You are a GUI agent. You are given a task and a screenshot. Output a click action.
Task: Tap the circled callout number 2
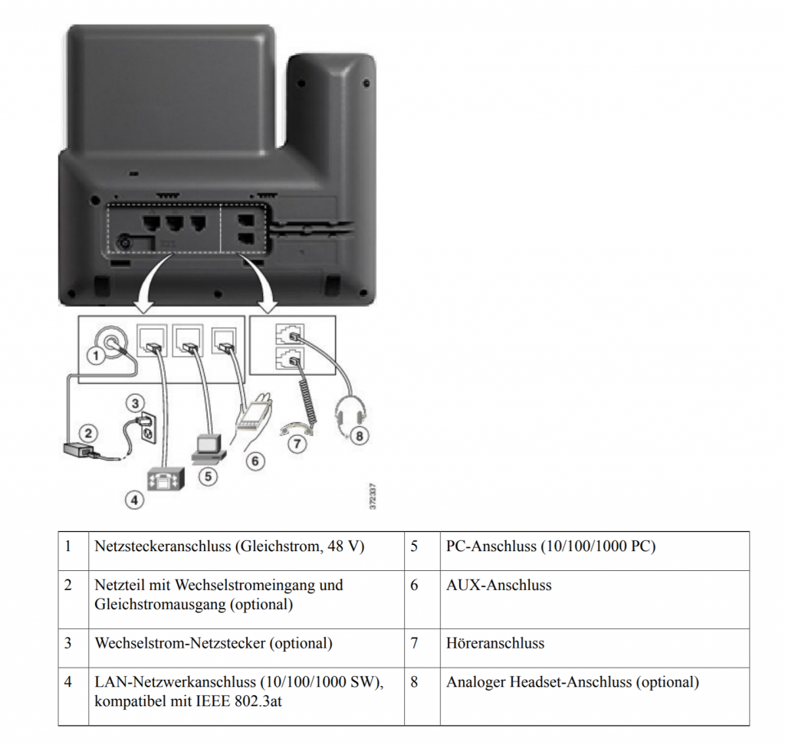coord(89,432)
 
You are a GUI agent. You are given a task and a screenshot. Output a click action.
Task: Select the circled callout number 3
coord(135,402)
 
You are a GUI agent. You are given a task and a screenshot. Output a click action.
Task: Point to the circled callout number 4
coord(135,499)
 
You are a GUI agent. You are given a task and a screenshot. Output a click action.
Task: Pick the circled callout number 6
coord(256,461)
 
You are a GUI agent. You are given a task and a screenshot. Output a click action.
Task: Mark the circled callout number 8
coord(359,436)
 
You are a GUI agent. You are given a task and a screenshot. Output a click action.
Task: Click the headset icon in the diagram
coord(350,415)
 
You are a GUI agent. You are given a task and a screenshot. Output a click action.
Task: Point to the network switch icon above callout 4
coord(166,479)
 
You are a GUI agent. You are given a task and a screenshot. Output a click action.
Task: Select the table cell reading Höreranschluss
coord(495,643)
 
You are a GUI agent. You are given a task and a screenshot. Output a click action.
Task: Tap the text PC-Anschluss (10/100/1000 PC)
coord(550,547)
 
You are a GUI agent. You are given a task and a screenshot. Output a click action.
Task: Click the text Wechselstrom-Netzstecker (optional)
coord(213,643)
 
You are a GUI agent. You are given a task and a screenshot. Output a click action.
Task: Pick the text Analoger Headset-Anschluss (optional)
coord(572,681)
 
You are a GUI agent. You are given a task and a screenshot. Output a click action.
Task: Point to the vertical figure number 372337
coord(373,496)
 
